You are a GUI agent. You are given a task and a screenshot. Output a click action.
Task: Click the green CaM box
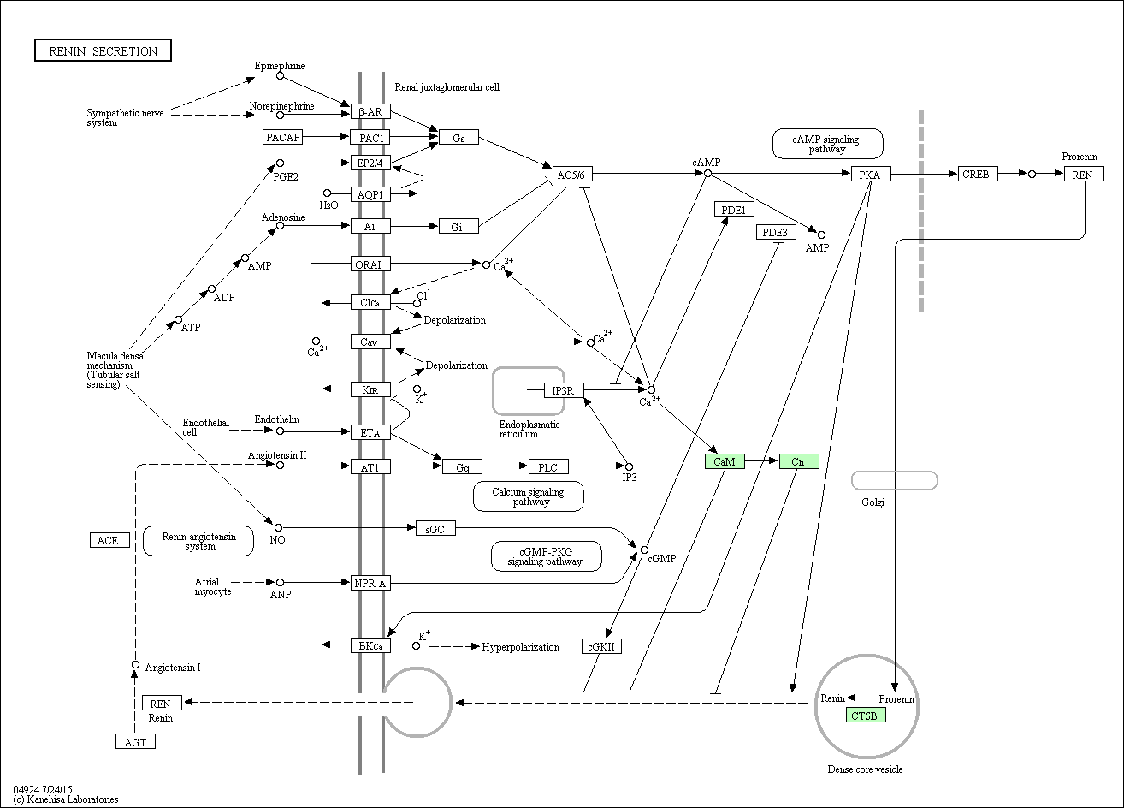coord(725,461)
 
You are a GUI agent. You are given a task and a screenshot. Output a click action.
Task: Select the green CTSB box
coord(866,715)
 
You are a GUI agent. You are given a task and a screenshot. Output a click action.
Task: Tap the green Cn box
coord(799,461)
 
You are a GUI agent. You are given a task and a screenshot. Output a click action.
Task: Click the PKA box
coord(871,175)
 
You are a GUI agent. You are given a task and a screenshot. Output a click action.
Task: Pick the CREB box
coord(978,175)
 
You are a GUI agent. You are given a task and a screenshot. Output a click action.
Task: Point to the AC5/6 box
coord(572,175)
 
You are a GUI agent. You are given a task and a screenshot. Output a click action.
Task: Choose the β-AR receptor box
coord(370,111)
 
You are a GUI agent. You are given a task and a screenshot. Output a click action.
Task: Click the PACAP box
coord(283,137)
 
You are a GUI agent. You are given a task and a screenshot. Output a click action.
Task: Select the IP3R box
coord(564,390)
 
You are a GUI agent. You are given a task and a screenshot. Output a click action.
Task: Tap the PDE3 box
coord(776,232)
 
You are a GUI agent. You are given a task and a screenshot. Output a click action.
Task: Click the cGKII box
coord(601,646)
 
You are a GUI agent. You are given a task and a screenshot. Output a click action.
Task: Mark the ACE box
coord(109,540)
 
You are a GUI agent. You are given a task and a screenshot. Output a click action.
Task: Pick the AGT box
coord(135,742)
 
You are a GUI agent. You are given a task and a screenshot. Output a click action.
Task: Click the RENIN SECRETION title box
coord(103,50)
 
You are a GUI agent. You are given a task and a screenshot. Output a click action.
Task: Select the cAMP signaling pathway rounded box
coord(827,144)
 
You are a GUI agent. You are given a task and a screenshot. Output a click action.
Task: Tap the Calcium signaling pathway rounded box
coord(529,496)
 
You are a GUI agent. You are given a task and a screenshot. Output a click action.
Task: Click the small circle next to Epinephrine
coord(281,76)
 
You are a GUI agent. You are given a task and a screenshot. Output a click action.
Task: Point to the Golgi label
coord(873,502)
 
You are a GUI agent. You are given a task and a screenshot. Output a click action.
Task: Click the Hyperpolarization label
coord(520,647)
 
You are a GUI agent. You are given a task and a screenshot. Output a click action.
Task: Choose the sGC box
coord(435,528)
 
